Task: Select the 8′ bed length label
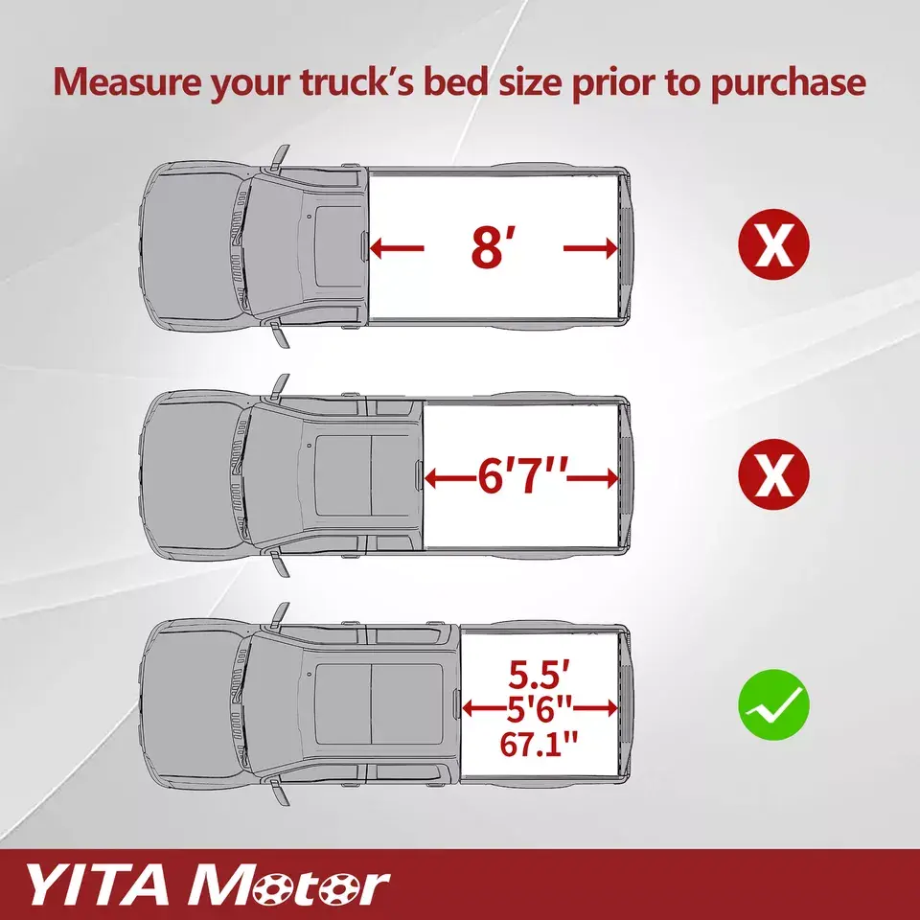point(488,247)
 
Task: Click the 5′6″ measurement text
point(540,709)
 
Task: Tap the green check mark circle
point(773,704)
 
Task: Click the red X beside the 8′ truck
point(773,243)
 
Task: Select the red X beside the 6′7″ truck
point(773,474)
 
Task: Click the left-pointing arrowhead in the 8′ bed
point(377,248)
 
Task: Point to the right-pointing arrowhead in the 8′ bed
point(610,248)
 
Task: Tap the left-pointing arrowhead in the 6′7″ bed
point(431,478)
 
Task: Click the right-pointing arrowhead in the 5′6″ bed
point(610,709)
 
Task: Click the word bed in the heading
point(455,81)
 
